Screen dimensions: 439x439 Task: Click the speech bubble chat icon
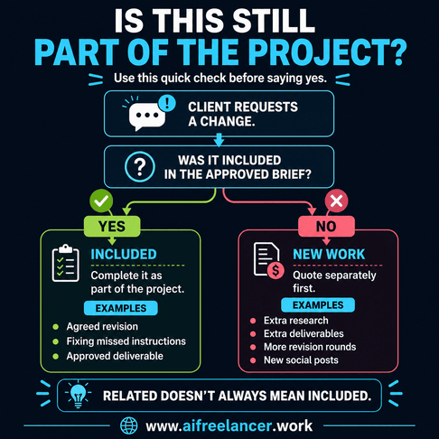pyautogui.click(x=147, y=116)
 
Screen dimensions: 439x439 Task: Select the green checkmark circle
pyautogui.click(x=101, y=201)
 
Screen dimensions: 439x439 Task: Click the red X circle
pyautogui.click(x=336, y=201)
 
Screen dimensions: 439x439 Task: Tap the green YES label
pyautogui.click(x=112, y=226)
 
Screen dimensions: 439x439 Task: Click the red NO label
pyautogui.click(x=326, y=226)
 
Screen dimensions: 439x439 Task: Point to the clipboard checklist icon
pyautogui.click(x=66, y=263)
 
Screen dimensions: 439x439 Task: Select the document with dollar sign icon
pyautogui.click(x=268, y=260)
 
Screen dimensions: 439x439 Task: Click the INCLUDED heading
pyautogui.click(x=124, y=255)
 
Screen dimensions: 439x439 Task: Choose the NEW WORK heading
pyautogui.click(x=329, y=255)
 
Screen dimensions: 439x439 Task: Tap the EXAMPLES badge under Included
pyautogui.click(x=121, y=308)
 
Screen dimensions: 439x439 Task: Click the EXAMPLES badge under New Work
pyautogui.click(x=318, y=305)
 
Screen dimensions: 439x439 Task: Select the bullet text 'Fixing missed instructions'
pyautogui.click(x=126, y=341)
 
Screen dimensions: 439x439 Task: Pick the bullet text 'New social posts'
pyautogui.click(x=301, y=360)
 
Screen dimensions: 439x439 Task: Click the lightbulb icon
pyautogui.click(x=79, y=394)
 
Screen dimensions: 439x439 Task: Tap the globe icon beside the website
pyautogui.click(x=129, y=425)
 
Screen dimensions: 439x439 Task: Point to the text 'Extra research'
pyautogui.click(x=296, y=321)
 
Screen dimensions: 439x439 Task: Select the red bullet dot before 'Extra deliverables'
pyautogui.click(x=253, y=334)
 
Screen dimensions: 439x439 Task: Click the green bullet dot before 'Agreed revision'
pyautogui.click(x=55, y=327)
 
